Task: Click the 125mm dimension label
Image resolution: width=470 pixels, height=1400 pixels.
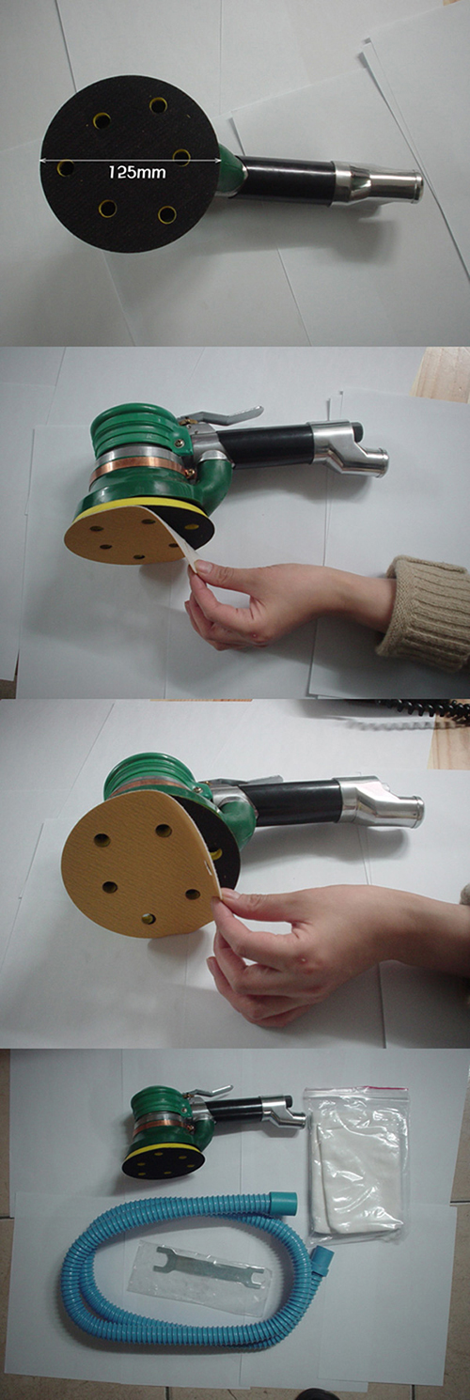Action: point(137,172)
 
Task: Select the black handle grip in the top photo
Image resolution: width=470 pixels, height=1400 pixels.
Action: point(289,180)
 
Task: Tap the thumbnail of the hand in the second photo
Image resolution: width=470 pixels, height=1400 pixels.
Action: point(205,568)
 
